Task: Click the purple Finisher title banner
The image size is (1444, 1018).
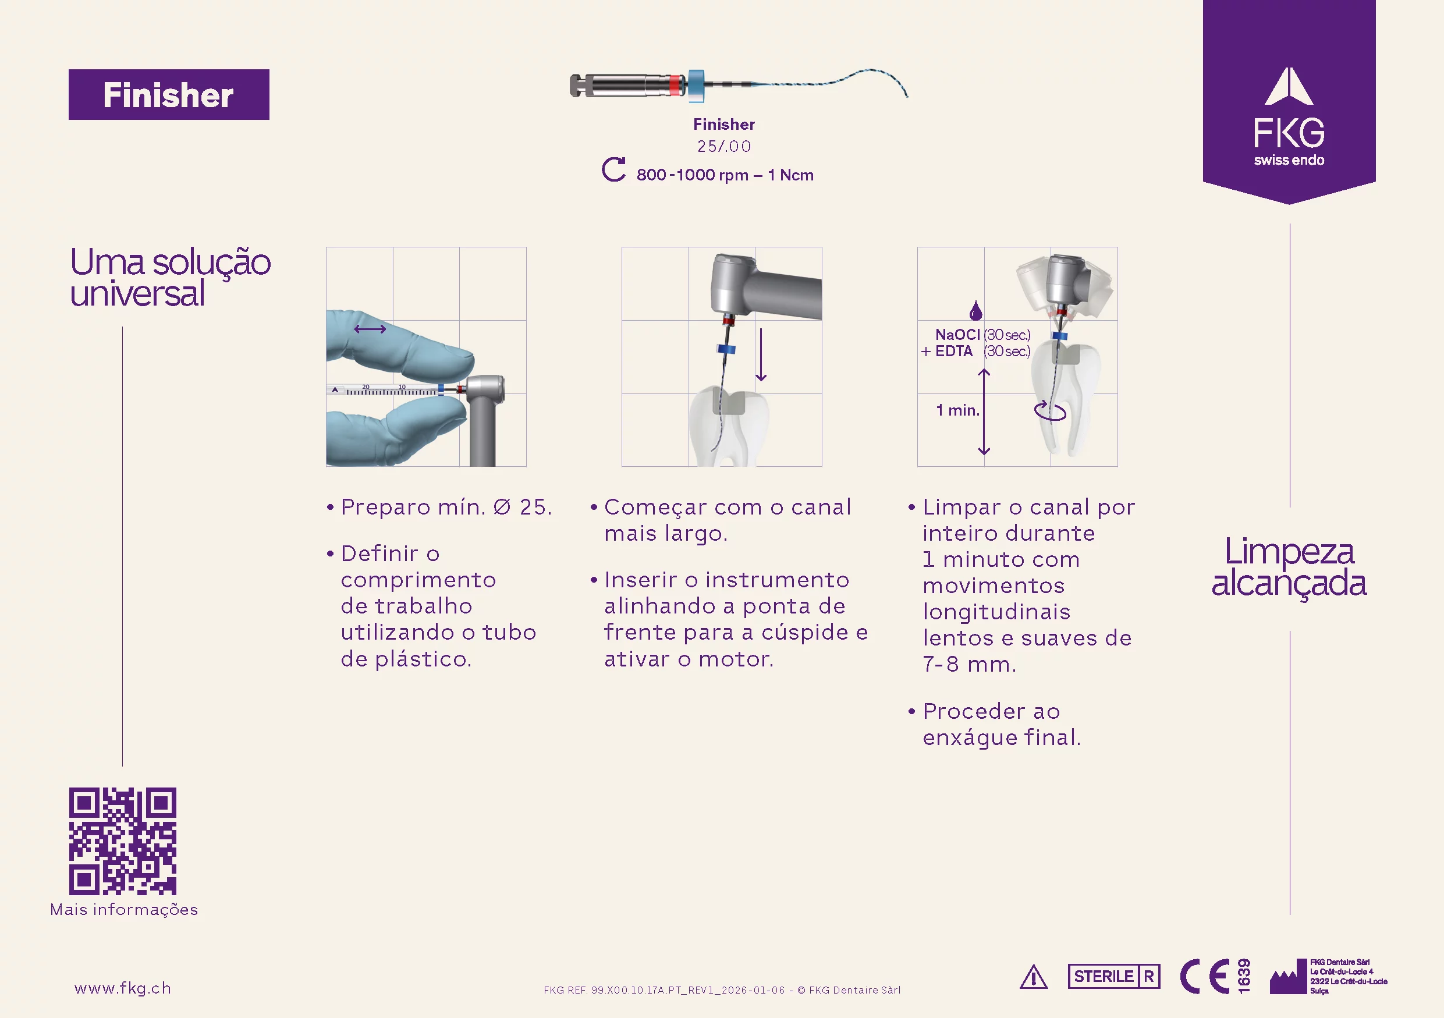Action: point(169,94)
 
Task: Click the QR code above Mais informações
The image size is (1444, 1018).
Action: point(123,840)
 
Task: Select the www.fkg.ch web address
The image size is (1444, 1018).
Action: point(123,988)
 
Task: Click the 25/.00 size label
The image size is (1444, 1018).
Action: point(724,147)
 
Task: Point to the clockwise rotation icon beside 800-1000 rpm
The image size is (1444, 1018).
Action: point(613,170)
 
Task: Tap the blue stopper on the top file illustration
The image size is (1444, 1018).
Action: point(696,86)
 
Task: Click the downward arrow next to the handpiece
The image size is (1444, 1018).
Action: point(761,354)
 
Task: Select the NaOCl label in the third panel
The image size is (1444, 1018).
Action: point(957,335)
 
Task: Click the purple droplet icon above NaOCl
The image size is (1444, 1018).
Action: point(975,310)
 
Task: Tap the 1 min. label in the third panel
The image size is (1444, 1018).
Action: point(958,410)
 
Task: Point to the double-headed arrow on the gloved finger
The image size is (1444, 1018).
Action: point(370,329)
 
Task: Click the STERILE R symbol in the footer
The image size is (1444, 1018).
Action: point(1114,977)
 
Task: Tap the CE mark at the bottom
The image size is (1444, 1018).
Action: point(1205,977)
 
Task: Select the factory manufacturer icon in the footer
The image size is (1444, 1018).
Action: point(1289,978)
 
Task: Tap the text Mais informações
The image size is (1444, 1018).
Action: point(124,910)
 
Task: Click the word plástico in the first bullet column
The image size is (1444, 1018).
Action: point(423,659)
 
